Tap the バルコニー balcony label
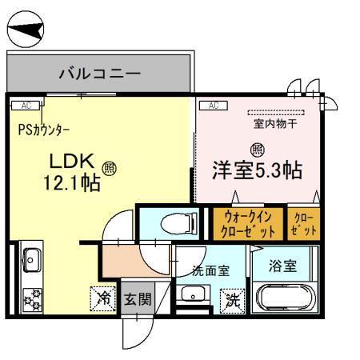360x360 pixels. [x=100, y=74]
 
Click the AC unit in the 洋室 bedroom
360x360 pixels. [x=214, y=105]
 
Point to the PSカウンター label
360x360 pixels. [x=43, y=129]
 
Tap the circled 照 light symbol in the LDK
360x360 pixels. [x=110, y=168]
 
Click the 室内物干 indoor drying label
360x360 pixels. [x=275, y=123]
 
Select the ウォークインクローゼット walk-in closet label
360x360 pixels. [x=246, y=223]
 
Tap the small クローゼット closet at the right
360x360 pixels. [x=305, y=223]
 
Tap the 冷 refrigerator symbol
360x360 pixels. [x=103, y=298]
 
